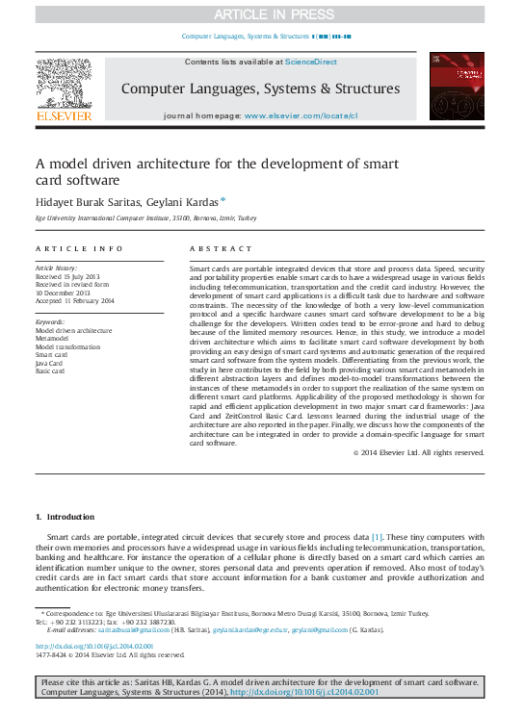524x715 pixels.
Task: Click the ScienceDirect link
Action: coord(310,61)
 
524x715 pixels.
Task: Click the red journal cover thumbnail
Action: coord(458,88)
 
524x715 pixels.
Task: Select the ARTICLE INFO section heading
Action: coord(80,248)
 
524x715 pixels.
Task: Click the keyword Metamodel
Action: coord(54,339)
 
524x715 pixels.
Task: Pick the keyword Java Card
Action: coord(51,363)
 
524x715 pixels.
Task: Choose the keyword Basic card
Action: coord(52,370)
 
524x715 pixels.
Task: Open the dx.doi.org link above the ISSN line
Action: coord(94,646)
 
